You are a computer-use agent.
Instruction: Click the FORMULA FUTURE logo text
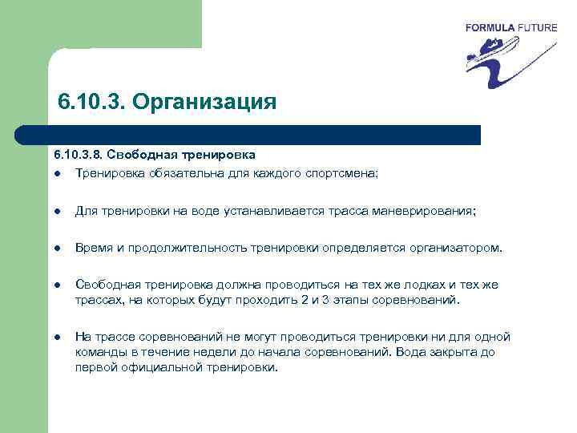point(510,28)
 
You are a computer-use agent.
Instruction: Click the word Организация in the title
point(204,103)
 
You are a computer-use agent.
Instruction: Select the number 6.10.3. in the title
point(91,103)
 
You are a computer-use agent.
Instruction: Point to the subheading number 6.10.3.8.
point(78,154)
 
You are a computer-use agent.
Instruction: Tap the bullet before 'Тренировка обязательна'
point(59,172)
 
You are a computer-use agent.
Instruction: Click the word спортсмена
point(364,172)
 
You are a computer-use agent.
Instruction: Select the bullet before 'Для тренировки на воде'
point(59,211)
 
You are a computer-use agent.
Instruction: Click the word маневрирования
point(430,211)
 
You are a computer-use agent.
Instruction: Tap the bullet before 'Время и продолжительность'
point(59,249)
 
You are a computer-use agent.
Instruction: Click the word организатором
point(457,249)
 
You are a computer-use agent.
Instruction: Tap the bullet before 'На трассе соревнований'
point(59,338)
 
